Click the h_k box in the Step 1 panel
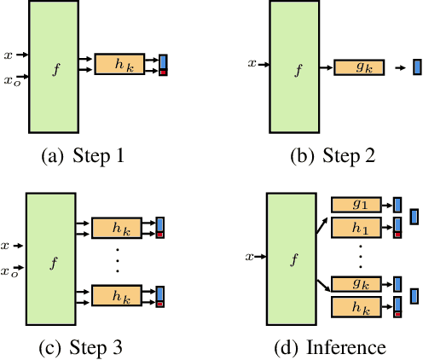tap(119, 64)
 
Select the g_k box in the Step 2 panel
tap(359, 67)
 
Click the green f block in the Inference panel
tap(294, 256)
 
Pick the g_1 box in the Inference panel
tap(357, 204)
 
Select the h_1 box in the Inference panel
tap(357, 227)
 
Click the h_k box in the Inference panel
tap(357, 308)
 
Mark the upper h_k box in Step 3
tap(118, 228)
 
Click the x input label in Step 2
tap(252, 63)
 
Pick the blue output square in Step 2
tap(416, 67)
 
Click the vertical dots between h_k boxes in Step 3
tap(118, 261)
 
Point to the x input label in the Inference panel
tap(250, 256)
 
